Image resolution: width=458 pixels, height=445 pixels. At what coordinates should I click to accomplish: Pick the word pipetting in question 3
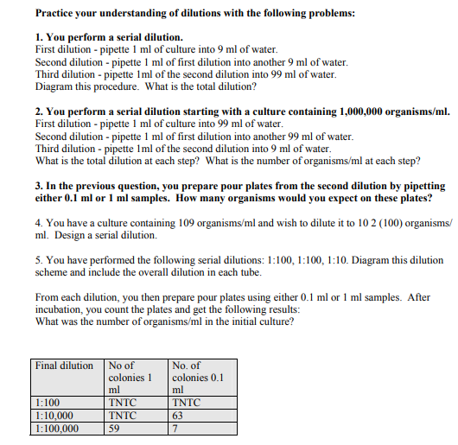pyautogui.click(x=421, y=185)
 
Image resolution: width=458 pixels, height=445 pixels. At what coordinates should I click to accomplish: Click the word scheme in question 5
pyautogui.click(x=54, y=272)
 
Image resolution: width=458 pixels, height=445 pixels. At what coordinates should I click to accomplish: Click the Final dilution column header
pyautogui.click(x=64, y=366)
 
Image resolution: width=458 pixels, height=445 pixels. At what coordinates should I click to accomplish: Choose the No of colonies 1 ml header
pyautogui.click(x=130, y=378)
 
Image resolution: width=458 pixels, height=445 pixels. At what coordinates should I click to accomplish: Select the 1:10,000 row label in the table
pyautogui.click(x=55, y=415)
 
